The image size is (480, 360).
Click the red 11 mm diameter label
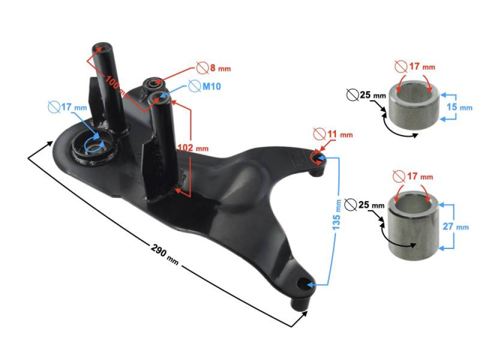333,134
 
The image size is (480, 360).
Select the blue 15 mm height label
458,107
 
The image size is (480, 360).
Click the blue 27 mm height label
455,226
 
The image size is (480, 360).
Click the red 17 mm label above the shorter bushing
414,66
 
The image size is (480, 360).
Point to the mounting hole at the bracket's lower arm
303,285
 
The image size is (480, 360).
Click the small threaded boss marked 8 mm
152,83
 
